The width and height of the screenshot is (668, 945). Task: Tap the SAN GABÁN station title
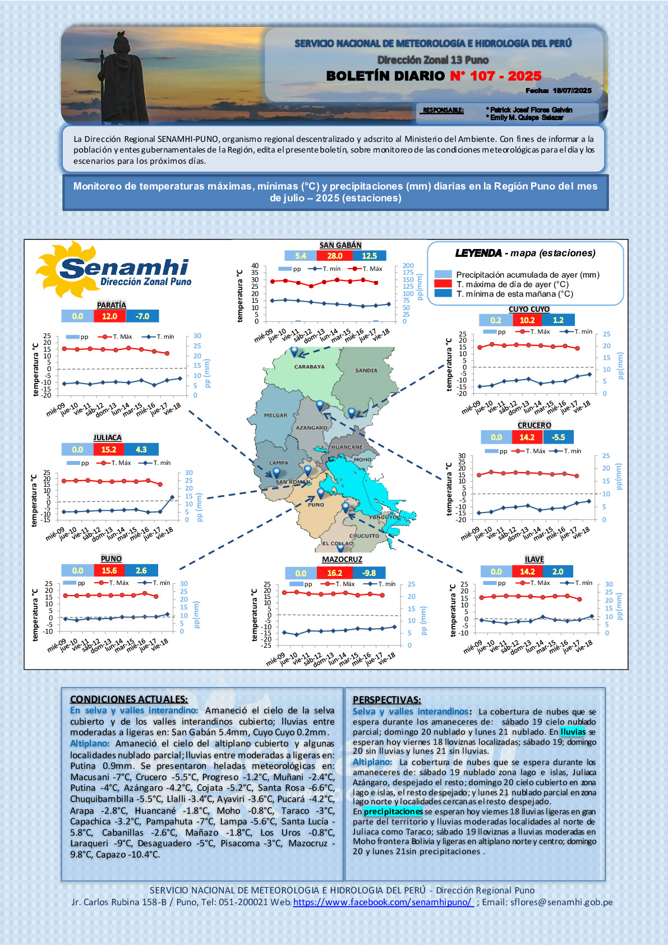coord(340,245)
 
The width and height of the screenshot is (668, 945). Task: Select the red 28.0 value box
coord(335,256)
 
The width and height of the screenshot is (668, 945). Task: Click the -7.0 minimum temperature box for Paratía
coord(142,316)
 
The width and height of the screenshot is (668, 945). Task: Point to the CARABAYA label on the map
coord(310,367)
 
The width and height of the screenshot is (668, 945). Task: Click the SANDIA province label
coord(366,370)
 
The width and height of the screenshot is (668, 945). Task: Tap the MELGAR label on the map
coord(275,416)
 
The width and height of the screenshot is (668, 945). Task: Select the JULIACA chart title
coord(107,437)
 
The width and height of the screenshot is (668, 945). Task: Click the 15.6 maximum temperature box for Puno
coord(109,570)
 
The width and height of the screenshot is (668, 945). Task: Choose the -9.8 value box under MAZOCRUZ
coord(369,573)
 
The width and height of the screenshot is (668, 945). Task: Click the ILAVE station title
coord(535,559)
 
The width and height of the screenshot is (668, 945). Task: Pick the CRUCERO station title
coord(535,425)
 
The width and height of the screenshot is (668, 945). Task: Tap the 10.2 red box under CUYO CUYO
coord(527,320)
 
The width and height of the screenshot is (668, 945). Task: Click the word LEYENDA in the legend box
coord(478,253)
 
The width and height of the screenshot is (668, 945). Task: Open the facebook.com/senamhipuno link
coord(383,902)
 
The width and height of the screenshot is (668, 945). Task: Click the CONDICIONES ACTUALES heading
coord(129,699)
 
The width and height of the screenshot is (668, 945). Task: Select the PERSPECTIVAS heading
coord(386,699)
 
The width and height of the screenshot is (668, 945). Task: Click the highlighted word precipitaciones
coord(393,812)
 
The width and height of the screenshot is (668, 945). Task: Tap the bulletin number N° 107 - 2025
coord(496,76)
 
